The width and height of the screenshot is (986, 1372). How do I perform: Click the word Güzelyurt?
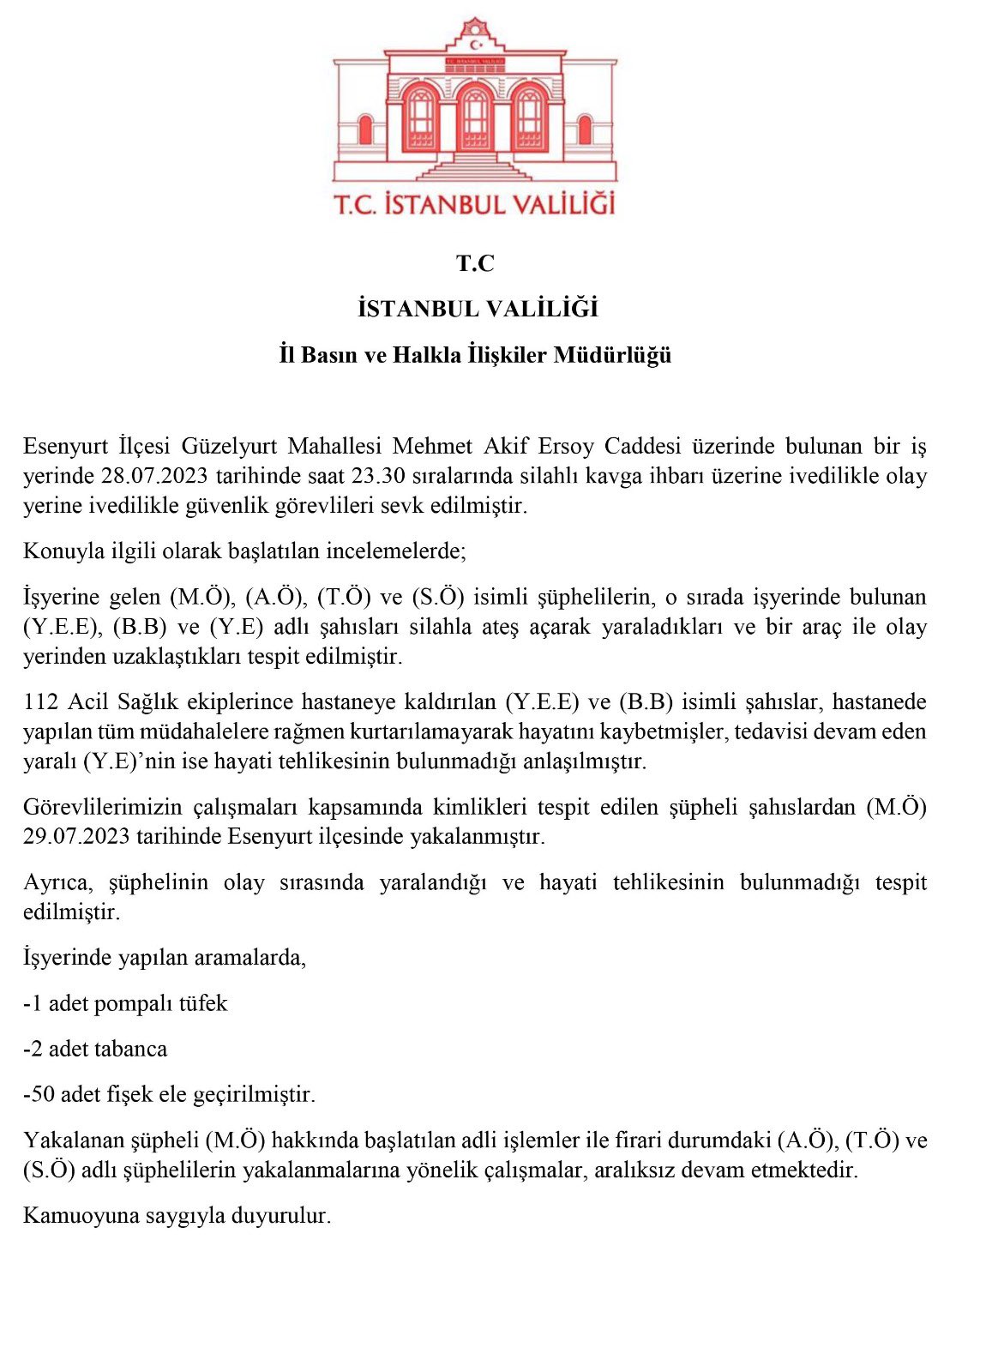230,446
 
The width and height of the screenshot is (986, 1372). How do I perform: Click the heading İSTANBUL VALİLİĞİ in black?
478,309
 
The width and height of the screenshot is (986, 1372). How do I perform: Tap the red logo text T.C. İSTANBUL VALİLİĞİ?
475,205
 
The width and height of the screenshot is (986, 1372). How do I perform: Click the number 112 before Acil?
41,702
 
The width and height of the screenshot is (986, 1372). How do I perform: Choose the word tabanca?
133,1049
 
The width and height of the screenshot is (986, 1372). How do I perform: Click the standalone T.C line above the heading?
475,263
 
